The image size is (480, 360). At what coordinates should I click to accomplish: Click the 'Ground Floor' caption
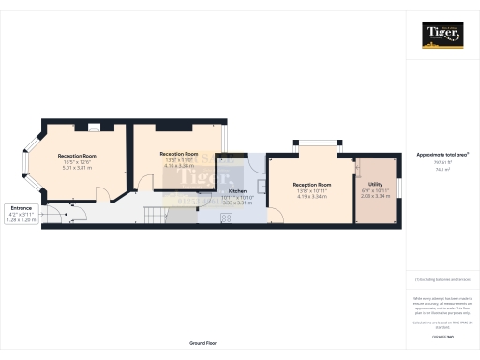pyautogui.click(x=202, y=343)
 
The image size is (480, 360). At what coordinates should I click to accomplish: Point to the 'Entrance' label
pyautogui.click(x=20, y=208)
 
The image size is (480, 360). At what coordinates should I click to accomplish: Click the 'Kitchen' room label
pyautogui.click(x=237, y=190)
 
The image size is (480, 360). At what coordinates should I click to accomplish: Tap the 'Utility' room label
pyautogui.click(x=375, y=185)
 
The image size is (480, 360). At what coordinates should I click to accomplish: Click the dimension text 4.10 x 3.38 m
pyautogui.click(x=178, y=165)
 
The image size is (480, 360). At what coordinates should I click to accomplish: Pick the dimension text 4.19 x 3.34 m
pyautogui.click(x=311, y=197)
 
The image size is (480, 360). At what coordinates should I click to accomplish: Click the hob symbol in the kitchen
pyautogui.click(x=226, y=218)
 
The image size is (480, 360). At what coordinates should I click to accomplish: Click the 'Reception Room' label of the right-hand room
pyautogui.click(x=311, y=185)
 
